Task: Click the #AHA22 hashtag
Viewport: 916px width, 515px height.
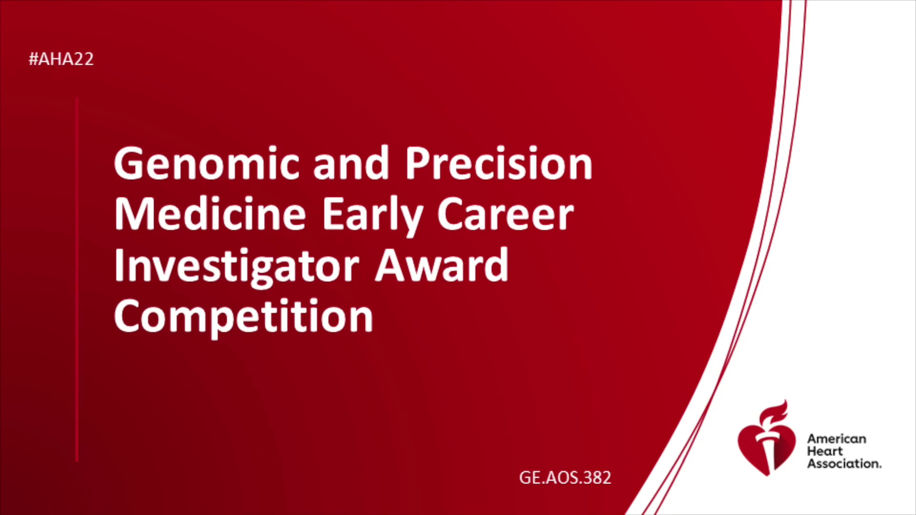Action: pos(61,59)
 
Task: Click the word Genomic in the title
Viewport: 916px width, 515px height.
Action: pos(207,163)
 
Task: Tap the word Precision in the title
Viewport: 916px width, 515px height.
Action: pos(499,163)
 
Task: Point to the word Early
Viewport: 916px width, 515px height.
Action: pos(373,217)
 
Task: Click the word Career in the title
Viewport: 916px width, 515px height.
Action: pos(505,216)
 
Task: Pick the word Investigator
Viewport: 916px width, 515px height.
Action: pos(237,268)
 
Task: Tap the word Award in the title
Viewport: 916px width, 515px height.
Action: pos(442,265)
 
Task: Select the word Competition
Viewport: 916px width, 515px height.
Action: pos(243,318)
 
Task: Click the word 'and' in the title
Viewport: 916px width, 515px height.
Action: pos(351,163)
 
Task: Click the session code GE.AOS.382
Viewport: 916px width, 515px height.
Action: pos(565,477)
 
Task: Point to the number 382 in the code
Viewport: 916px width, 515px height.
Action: pos(596,477)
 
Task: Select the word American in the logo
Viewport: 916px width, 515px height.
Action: pos(836,439)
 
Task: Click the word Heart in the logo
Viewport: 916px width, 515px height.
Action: pos(825,451)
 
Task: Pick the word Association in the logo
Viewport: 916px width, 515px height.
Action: pos(844,463)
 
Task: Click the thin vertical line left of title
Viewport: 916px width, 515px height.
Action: pos(77,280)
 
